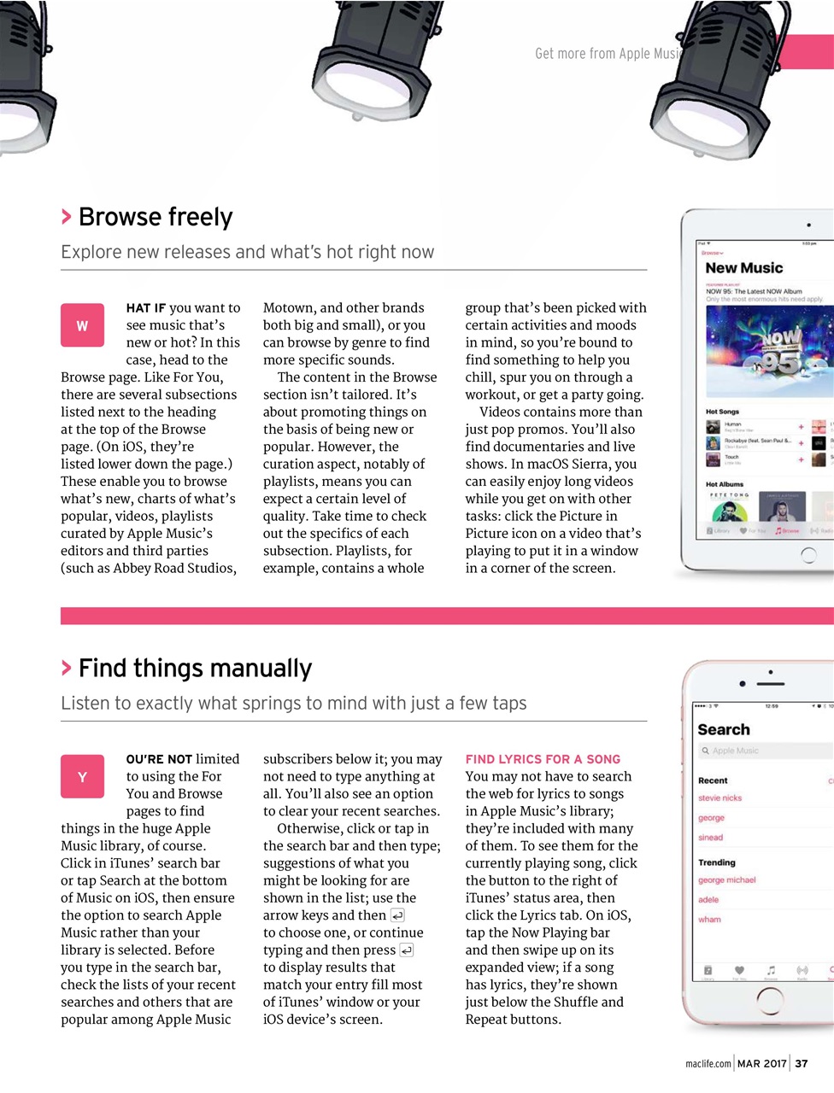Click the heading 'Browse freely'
(155, 217)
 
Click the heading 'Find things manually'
(195, 668)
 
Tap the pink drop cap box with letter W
(82, 325)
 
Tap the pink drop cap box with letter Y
(82, 776)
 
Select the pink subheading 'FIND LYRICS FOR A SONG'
(543, 759)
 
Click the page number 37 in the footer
(801, 1063)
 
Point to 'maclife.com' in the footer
(708, 1064)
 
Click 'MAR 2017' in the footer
(761, 1063)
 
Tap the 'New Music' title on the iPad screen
(743, 268)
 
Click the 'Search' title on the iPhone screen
(724, 730)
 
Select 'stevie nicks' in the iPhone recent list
(719, 798)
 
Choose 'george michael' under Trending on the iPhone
(726, 880)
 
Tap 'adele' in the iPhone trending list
(708, 900)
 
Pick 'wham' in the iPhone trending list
(709, 920)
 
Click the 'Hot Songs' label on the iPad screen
(722, 412)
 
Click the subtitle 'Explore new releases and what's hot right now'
(247, 252)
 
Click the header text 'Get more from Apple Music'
(608, 54)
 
